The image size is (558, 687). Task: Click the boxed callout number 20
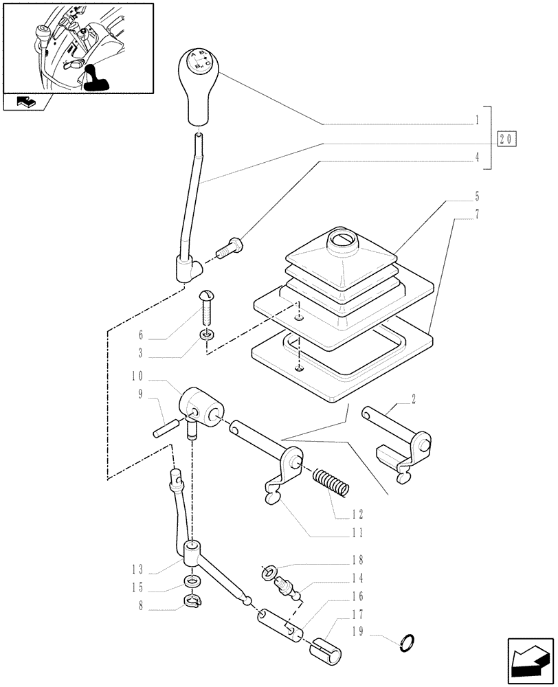coord(506,138)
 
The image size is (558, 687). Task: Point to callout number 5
coord(476,196)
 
